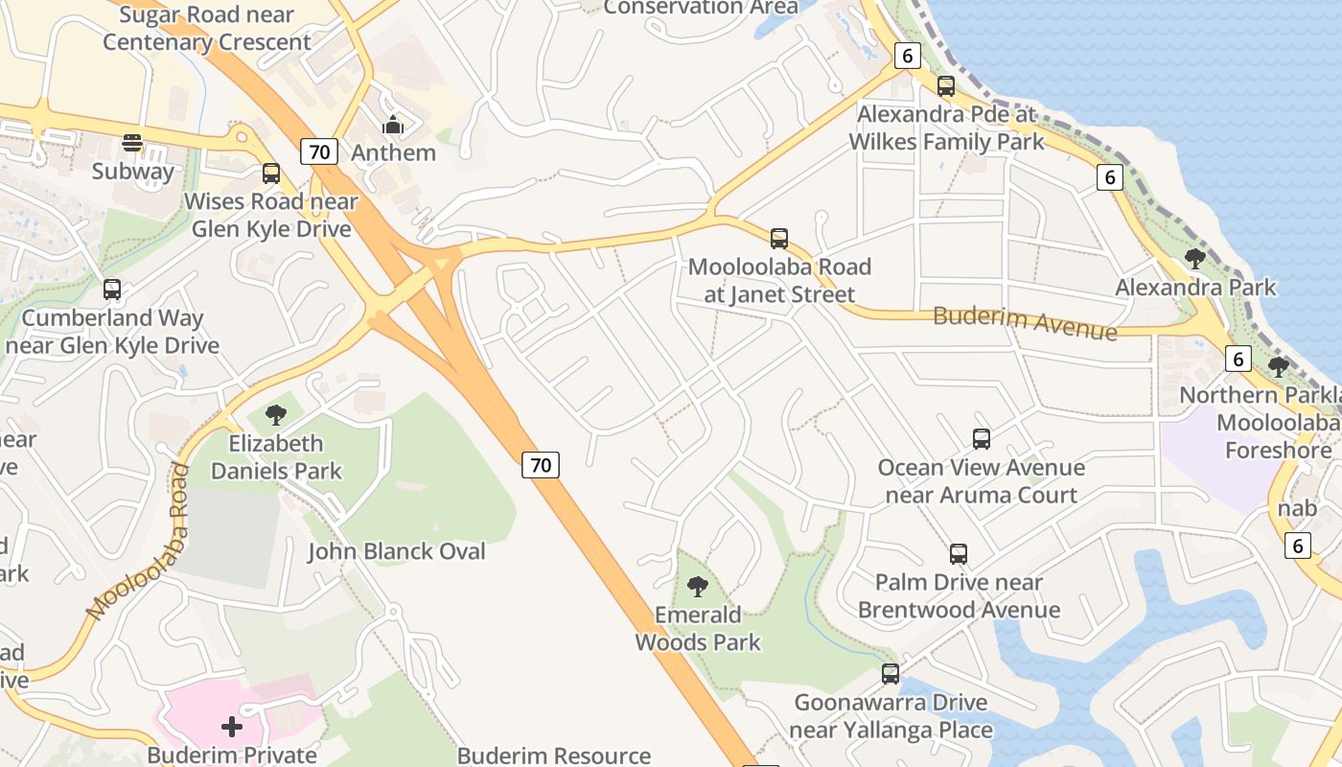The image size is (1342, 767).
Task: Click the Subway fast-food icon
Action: coord(132,143)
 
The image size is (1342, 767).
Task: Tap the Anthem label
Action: coord(393,152)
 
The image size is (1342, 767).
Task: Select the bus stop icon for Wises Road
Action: coord(271,174)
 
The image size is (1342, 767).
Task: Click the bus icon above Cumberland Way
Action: coord(112,289)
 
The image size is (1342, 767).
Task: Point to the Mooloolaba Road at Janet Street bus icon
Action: coord(779,238)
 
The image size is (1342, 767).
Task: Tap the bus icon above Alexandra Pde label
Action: coord(946,86)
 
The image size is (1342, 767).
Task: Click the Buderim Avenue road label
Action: coord(1025,322)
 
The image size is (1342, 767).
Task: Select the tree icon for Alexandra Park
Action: coord(1194,258)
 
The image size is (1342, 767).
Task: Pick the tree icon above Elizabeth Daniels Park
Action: coord(276,415)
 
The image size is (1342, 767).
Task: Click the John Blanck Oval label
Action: coord(396,551)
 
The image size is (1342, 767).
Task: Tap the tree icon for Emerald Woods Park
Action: coord(698,586)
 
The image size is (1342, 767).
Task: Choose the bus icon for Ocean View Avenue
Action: coord(982,439)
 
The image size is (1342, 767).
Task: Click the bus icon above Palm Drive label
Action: coord(959,553)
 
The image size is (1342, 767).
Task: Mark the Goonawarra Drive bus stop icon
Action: coord(891,674)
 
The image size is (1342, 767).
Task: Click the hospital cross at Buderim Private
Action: coord(232,727)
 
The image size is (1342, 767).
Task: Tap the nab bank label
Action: coord(1297,508)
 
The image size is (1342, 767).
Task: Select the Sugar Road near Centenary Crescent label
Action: coord(207,29)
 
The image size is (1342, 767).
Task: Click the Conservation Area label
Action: coord(701,8)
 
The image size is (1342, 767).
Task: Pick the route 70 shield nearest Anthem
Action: coord(320,151)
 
